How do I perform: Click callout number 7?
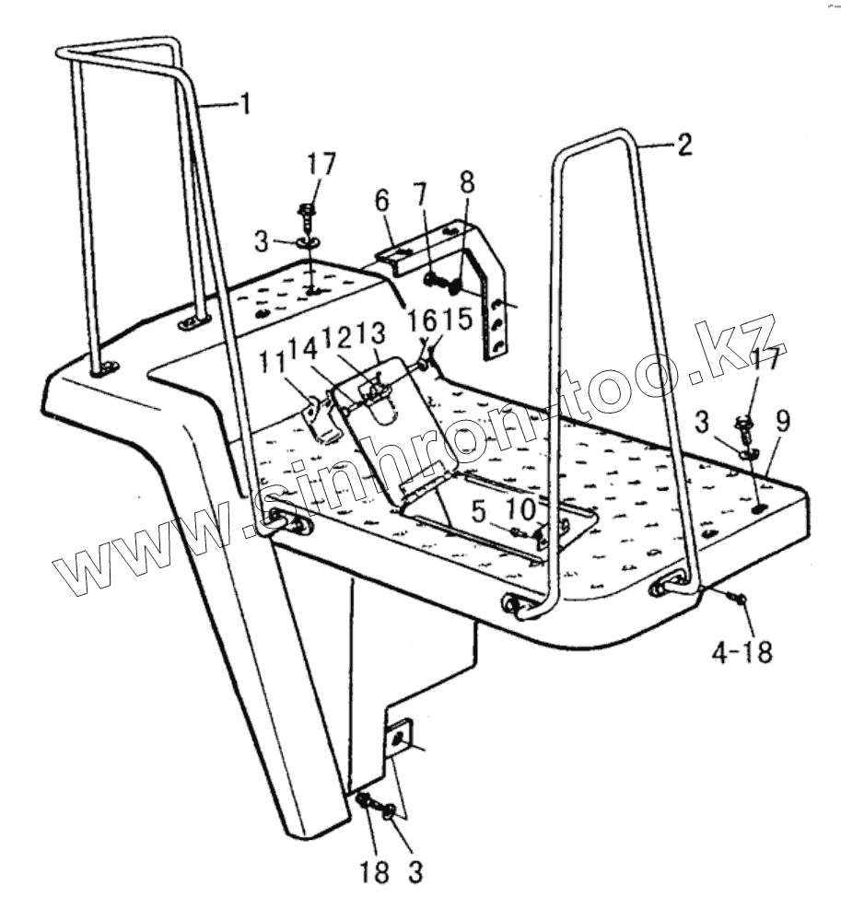(420, 194)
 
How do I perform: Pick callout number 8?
(468, 181)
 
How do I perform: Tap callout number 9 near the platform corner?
(782, 423)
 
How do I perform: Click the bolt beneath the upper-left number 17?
(309, 215)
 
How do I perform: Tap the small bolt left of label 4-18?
(740, 600)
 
